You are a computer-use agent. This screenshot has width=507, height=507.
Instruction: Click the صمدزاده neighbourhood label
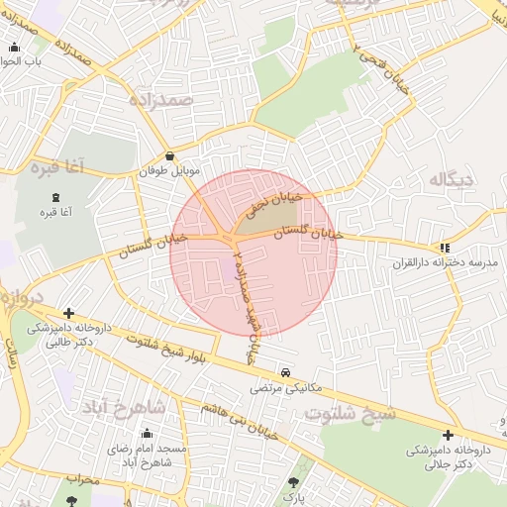tap(158, 99)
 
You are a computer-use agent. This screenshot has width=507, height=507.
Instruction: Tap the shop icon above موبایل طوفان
tap(170, 155)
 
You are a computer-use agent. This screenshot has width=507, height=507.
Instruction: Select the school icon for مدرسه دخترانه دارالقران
tap(445, 248)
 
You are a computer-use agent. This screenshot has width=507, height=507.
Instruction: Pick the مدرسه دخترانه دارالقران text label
tap(452, 262)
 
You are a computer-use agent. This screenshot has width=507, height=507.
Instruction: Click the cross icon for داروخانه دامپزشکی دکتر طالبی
tap(68, 313)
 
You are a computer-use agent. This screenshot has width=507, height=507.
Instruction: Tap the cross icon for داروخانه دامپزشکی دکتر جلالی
tap(448, 435)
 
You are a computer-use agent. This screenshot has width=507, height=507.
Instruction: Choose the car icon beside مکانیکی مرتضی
tap(285, 373)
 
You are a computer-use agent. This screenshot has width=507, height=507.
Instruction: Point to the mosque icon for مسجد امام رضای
tap(147, 433)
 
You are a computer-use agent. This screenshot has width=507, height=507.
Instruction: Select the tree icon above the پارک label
tap(292, 482)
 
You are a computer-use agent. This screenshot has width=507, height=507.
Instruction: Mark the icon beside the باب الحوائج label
tap(14, 48)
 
